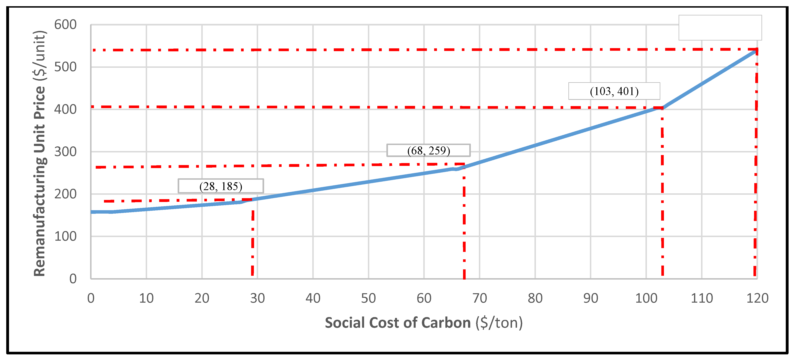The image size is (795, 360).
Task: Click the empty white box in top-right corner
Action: tap(720, 27)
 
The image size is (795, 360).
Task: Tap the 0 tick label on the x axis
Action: tap(91, 298)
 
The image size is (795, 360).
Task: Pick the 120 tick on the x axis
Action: tap(757, 298)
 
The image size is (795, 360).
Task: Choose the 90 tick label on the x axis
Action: tap(590, 298)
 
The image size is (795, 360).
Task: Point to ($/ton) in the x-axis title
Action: tap(499, 323)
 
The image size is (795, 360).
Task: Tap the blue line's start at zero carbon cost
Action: tap(92, 212)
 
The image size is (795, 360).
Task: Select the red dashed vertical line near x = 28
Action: tap(253, 241)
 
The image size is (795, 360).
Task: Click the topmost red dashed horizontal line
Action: tap(401, 50)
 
